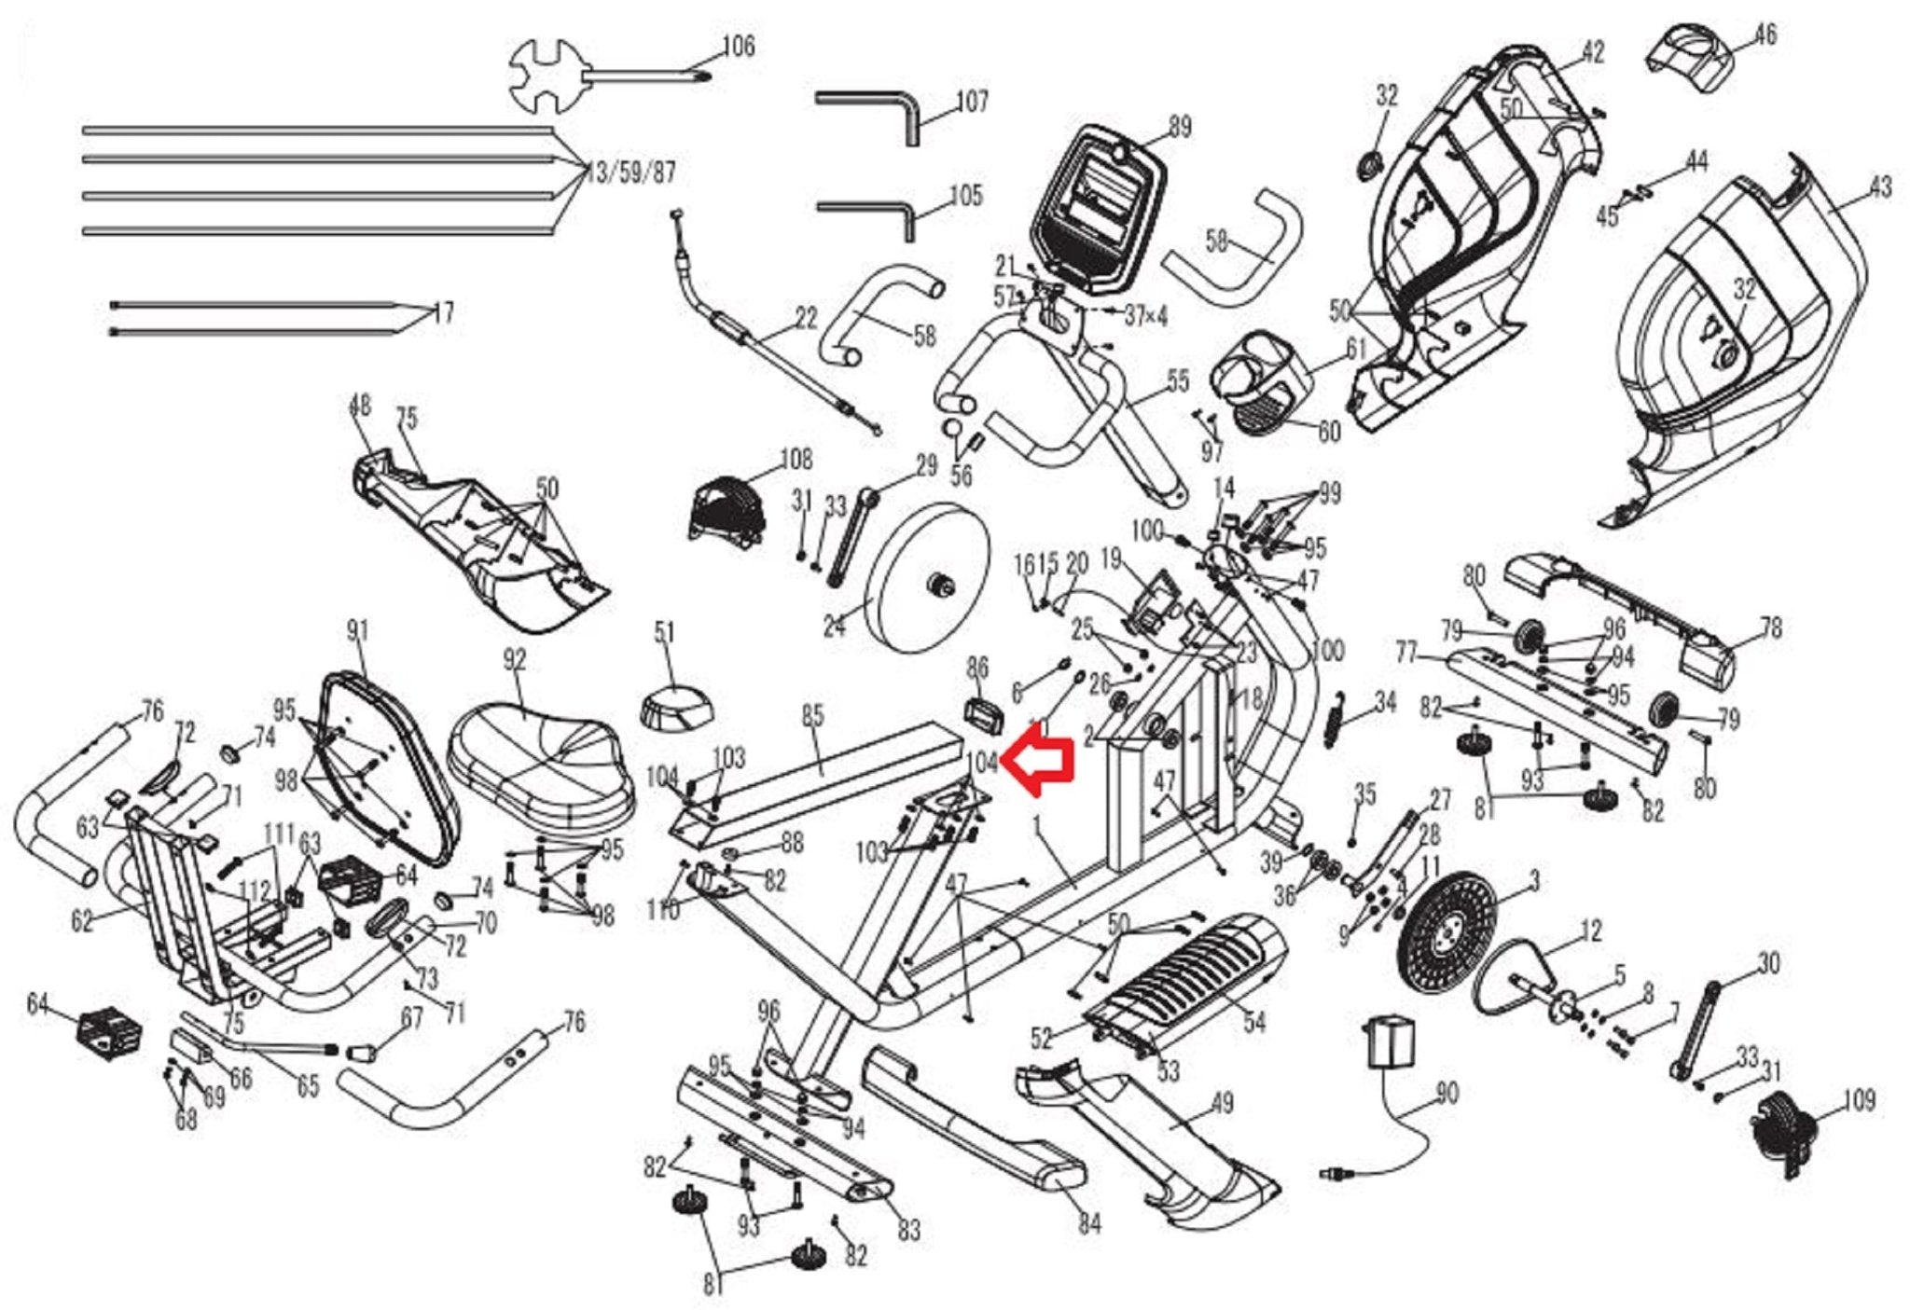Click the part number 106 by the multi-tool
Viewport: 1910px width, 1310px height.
click(x=739, y=47)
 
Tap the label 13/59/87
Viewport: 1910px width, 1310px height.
click(x=631, y=173)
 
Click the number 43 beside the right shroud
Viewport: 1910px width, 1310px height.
click(x=1881, y=187)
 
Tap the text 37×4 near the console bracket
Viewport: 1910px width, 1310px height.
click(x=1145, y=317)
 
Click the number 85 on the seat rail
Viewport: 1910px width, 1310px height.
click(x=813, y=716)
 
